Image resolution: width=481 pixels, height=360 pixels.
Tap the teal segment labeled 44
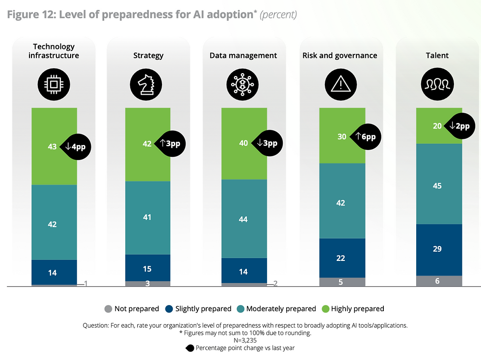pyautogui.click(x=244, y=219)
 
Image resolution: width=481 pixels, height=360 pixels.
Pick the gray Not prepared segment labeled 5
pyautogui.click(x=342, y=282)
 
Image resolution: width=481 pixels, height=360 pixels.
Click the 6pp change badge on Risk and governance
pyautogui.click(x=365, y=137)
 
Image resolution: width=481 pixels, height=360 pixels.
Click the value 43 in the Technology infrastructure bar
pyautogui.click(x=52, y=146)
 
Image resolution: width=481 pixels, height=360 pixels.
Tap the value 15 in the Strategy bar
pyautogui.click(x=147, y=269)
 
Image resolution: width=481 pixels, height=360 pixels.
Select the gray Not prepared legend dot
pyautogui.click(x=108, y=309)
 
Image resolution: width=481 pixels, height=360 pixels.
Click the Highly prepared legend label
pyautogui.click(x=357, y=309)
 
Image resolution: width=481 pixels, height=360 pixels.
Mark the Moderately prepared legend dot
pyautogui.click(x=240, y=309)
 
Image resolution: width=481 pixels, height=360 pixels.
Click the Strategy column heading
pyautogui.click(x=148, y=55)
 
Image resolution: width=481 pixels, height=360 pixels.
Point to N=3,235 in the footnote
pyautogui.click(x=240, y=339)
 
